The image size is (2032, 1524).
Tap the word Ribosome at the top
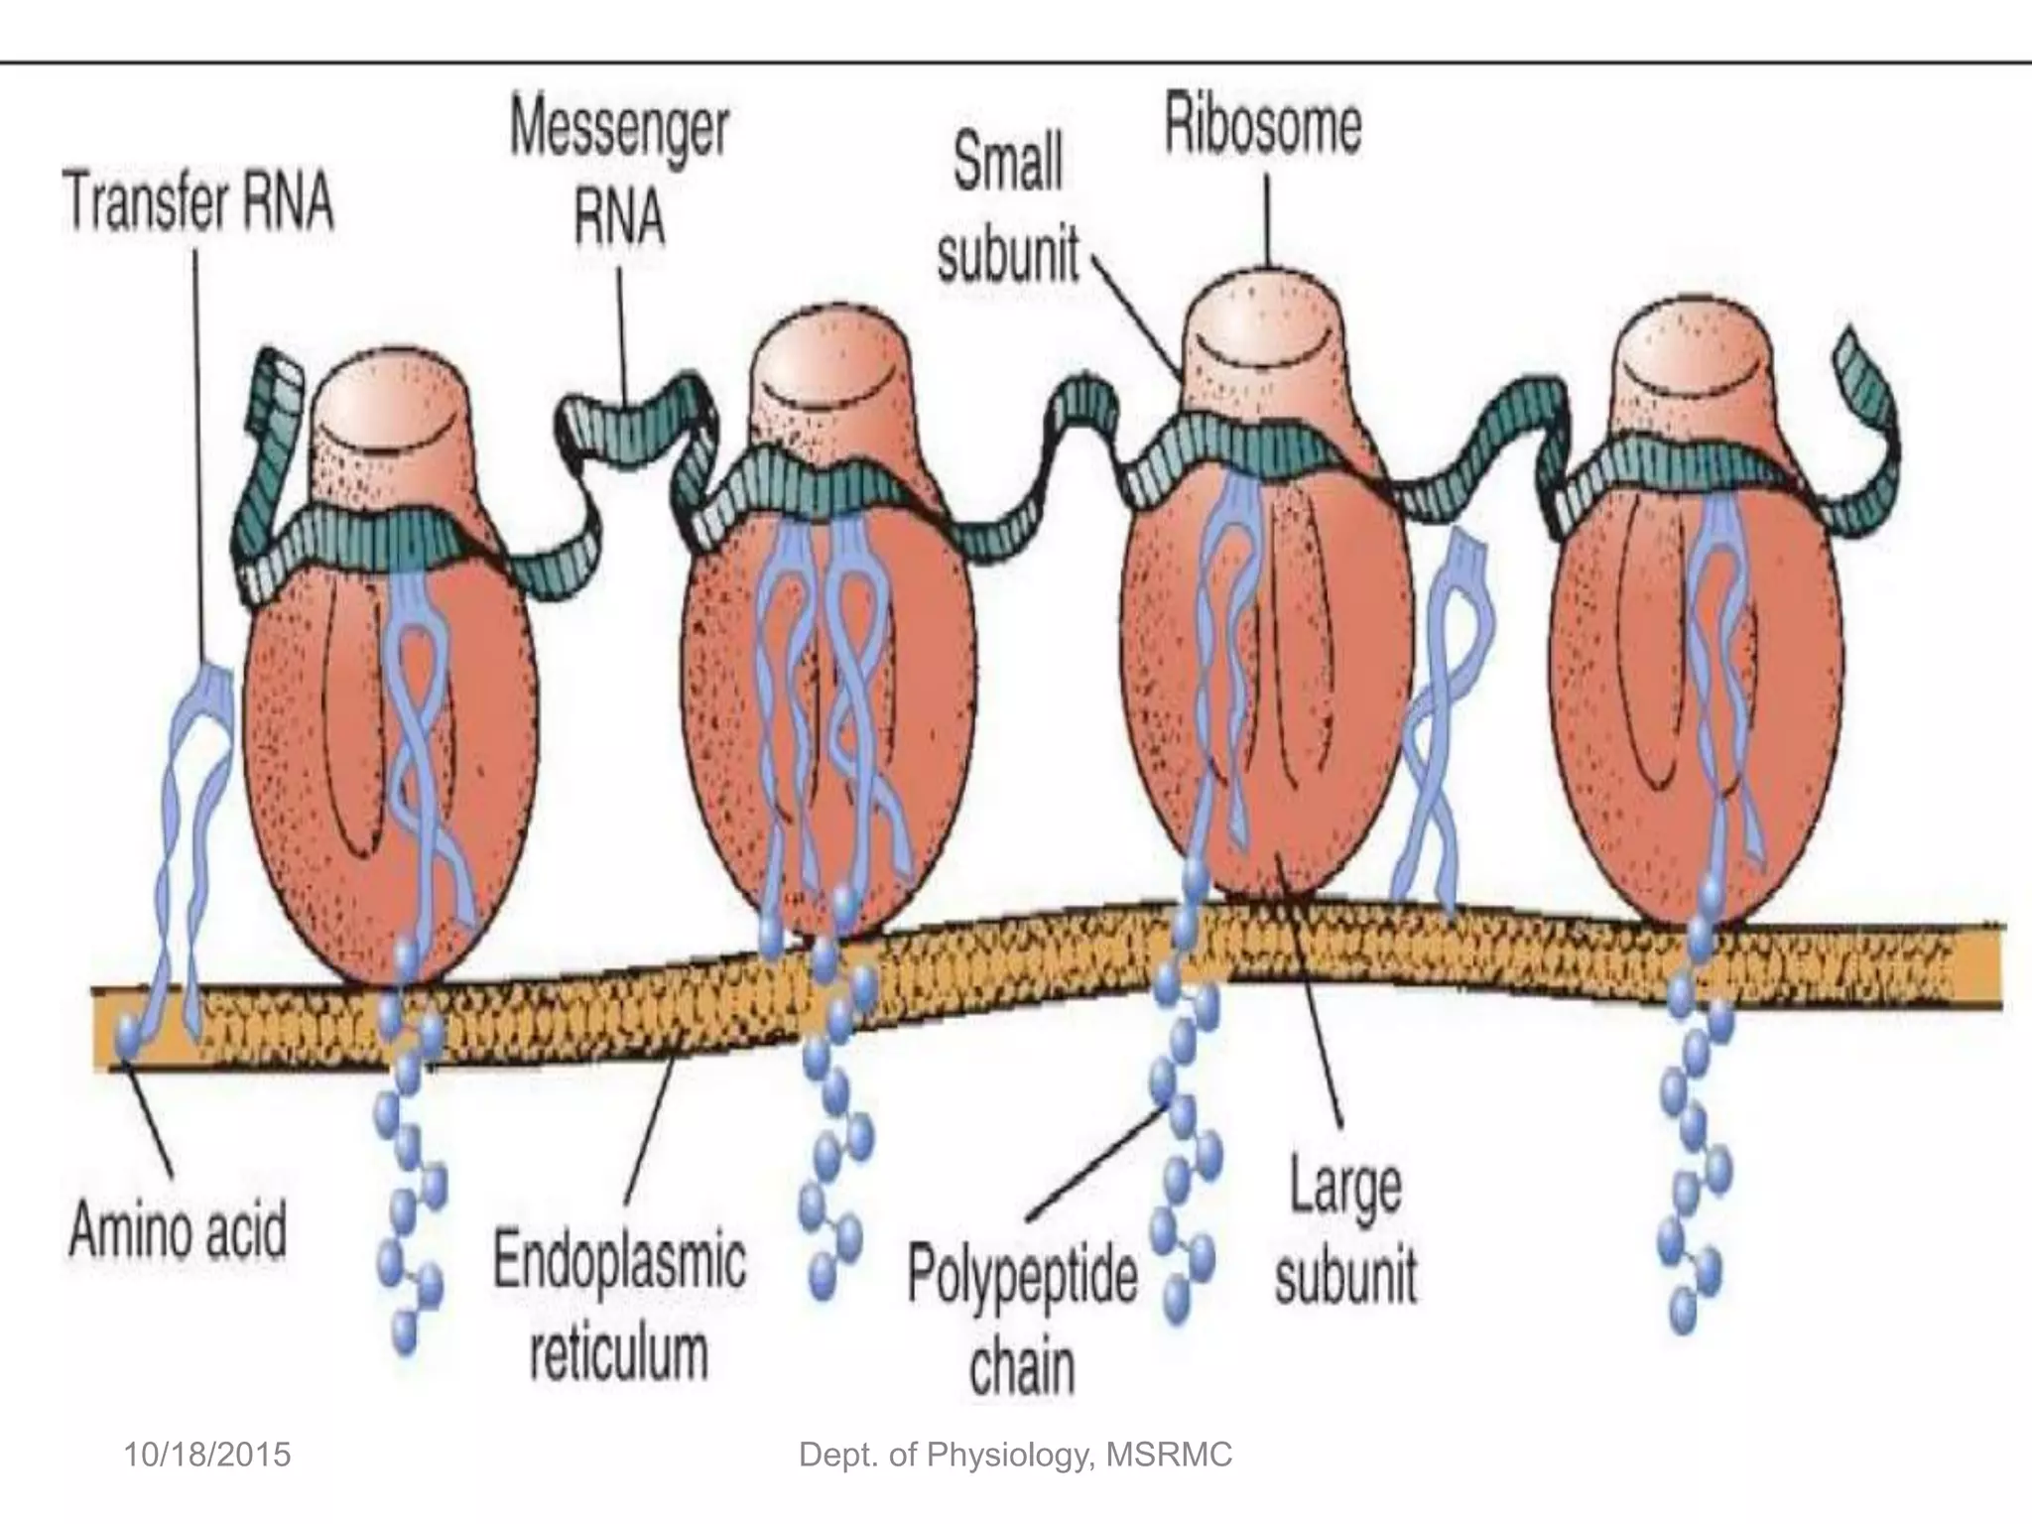[x=1262, y=127]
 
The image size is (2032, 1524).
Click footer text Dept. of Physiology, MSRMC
[x=1015, y=1455]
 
